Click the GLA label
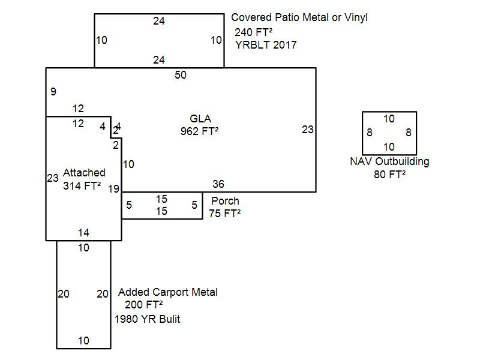coord(200,119)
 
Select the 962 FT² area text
coord(199,131)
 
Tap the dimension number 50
coord(181,75)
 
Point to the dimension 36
coord(218,184)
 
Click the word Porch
coord(225,201)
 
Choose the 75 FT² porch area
coord(224,213)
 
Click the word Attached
coord(84,173)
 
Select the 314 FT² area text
coord(82,185)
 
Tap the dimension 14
coord(83,232)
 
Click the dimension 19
coord(113,189)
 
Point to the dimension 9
coord(53,92)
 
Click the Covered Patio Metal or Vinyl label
coord(299,17)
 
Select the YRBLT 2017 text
coord(266,45)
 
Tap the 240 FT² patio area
coord(254,32)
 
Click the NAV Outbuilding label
coord(389,161)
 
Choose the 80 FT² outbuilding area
coord(389,174)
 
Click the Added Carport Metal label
coord(168,292)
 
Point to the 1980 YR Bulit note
coord(148,319)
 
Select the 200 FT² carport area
coord(144,305)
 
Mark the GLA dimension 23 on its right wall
coord(308,129)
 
